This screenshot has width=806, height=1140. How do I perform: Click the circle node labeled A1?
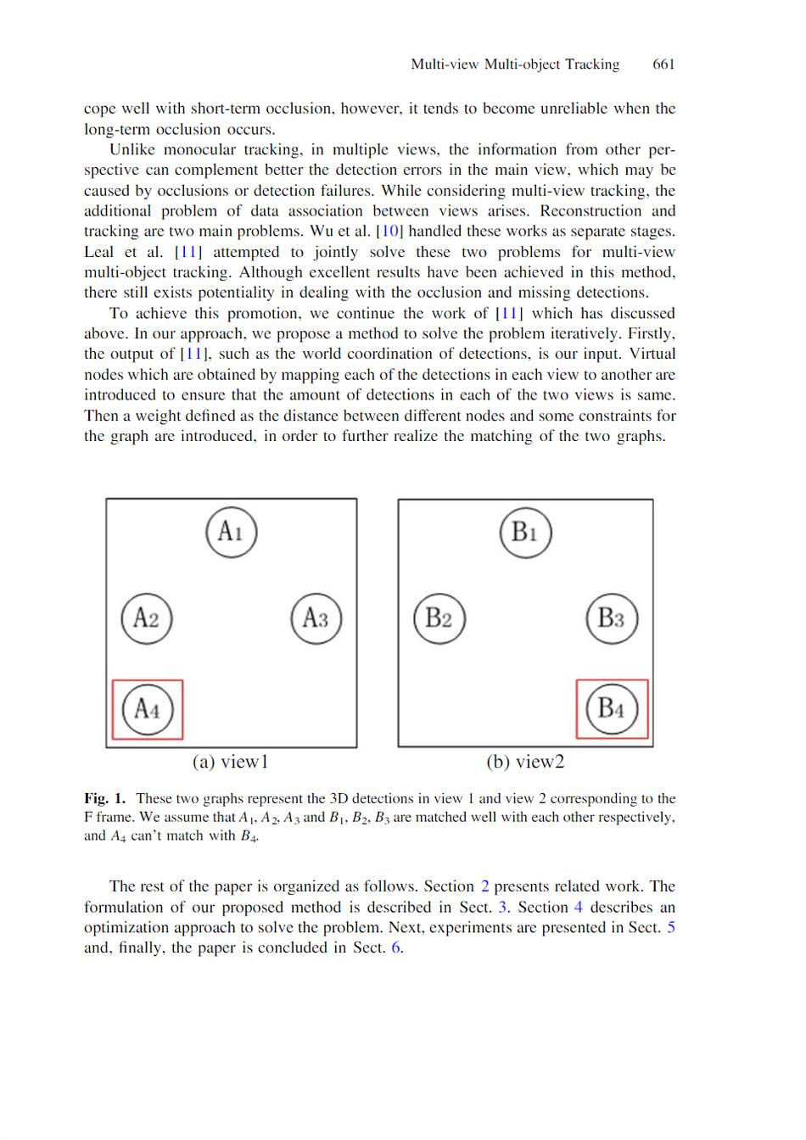coord(231,532)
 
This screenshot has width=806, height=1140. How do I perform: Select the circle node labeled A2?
coord(147,618)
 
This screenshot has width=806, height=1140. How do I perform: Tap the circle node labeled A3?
coord(316,618)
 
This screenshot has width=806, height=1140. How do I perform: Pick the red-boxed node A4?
coord(148,709)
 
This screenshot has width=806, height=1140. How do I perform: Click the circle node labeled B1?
coord(525,532)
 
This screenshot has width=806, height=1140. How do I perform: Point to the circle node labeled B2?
coord(439,618)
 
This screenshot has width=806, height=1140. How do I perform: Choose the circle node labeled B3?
coord(612,618)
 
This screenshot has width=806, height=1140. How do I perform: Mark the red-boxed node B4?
coord(612,708)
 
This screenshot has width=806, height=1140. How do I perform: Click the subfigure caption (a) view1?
coord(230,762)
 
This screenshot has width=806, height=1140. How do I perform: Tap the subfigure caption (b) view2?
coord(525,762)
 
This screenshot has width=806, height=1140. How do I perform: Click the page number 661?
coord(663,64)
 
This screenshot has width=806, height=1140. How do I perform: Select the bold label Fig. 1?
coord(104,798)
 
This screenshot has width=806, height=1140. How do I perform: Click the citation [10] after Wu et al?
coord(389,231)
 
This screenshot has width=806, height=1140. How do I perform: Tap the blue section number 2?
coord(485,886)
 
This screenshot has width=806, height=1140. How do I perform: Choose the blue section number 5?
coord(670,927)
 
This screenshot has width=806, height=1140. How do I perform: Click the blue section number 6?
coord(395,947)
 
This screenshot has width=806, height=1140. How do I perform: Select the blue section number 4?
coord(579,907)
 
